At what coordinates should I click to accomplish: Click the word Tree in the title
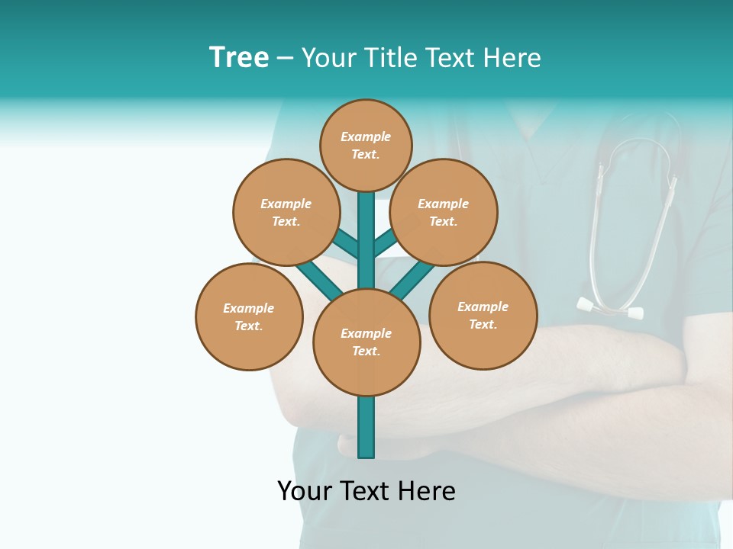[239, 57]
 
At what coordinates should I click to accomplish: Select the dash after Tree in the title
[285, 59]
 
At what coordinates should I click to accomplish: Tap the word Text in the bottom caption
[366, 491]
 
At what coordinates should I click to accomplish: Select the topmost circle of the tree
[366, 145]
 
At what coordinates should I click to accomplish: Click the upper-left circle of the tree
[286, 212]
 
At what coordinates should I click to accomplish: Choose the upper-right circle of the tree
[444, 212]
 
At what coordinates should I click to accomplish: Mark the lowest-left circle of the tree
[249, 316]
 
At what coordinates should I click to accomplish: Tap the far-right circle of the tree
[483, 315]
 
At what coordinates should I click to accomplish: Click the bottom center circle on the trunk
[366, 342]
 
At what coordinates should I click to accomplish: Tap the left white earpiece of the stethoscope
[586, 304]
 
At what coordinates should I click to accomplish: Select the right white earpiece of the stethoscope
[635, 313]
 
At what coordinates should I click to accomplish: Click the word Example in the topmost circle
[366, 136]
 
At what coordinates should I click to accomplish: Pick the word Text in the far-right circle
[483, 324]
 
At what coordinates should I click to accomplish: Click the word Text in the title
[454, 58]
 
